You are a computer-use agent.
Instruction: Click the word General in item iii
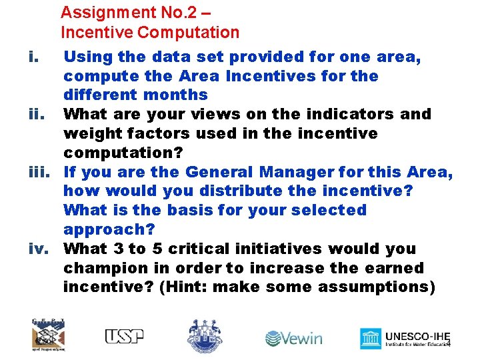(221, 172)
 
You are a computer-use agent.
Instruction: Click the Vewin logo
(294, 338)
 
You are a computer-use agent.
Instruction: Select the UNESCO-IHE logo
(404, 338)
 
